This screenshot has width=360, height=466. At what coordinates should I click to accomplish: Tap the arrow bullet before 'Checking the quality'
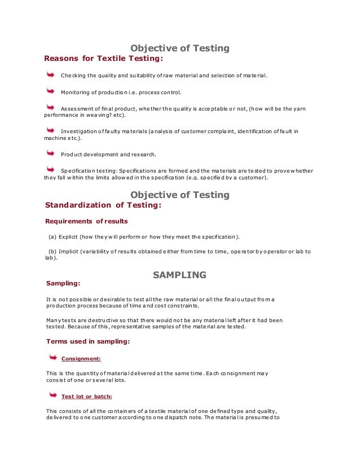pyautogui.click(x=50, y=74)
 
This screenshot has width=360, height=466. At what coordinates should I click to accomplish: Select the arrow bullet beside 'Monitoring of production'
pyautogui.click(x=50, y=90)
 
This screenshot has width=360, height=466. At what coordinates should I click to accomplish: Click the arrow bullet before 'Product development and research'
pyautogui.click(x=50, y=153)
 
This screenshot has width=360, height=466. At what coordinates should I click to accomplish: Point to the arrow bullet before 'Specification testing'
pyautogui.click(x=50, y=169)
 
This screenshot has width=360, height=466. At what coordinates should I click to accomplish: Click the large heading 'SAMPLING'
pyautogui.click(x=180, y=275)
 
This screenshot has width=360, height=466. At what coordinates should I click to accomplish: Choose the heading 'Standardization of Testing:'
pyautogui.click(x=103, y=205)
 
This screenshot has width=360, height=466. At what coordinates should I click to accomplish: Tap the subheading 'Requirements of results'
pyautogui.click(x=86, y=221)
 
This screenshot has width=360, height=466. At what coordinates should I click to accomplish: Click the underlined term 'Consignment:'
pyautogui.click(x=81, y=358)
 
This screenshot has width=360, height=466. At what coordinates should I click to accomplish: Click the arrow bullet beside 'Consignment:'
pyautogui.click(x=52, y=357)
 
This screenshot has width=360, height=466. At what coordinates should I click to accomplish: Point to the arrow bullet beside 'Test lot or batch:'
pyautogui.click(x=52, y=394)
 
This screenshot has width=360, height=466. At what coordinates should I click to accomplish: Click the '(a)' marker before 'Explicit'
pyautogui.click(x=52, y=236)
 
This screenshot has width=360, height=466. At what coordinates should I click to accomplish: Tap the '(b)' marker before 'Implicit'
pyautogui.click(x=52, y=251)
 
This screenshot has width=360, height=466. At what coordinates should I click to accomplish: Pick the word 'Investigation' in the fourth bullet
pyautogui.click(x=78, y=131)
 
